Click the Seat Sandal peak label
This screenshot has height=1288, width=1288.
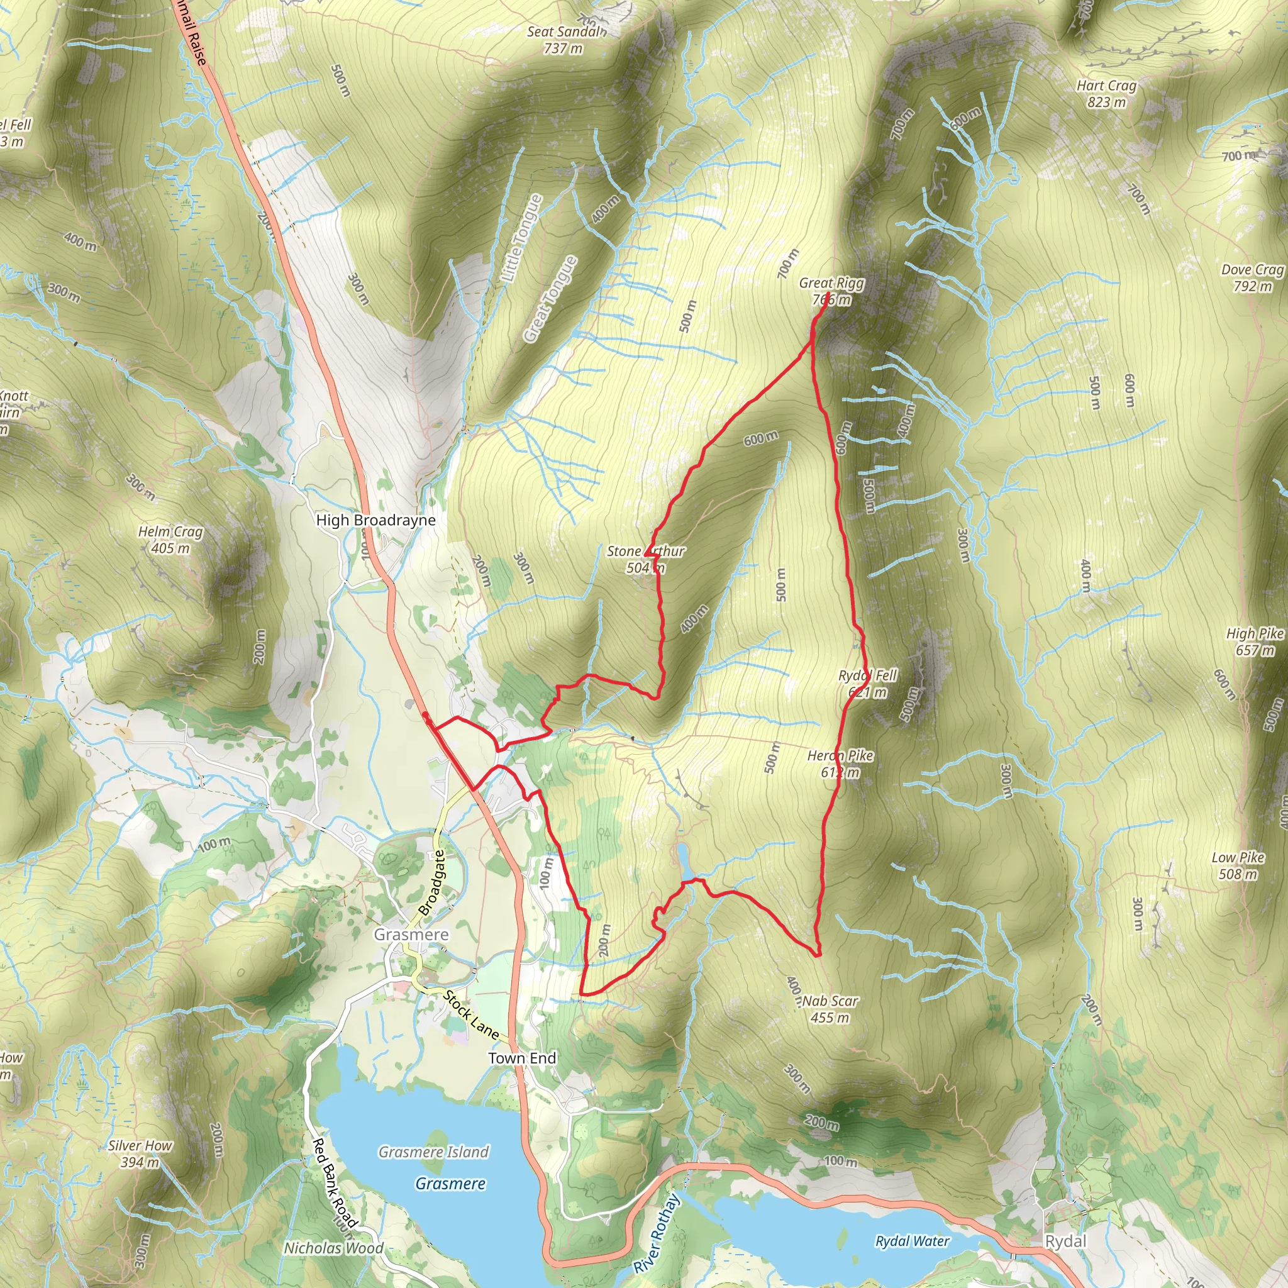coord(565,40)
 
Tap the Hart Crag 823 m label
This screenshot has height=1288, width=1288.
coord(1106,94)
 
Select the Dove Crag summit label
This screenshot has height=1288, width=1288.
coord(1252,278)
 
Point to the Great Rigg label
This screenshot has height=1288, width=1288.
coord(831,291)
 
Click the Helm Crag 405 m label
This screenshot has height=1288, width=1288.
coord(170,540)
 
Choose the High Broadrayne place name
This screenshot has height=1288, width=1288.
coord(375,520)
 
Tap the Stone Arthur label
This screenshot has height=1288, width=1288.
coord(645,559)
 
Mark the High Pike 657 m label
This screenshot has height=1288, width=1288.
coord(1255,641)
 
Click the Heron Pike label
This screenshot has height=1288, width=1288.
coord(840,763)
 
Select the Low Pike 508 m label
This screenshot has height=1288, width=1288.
coord(1238,865)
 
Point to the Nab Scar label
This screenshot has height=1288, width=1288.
coord(830,1009)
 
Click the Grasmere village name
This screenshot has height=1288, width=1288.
coord(411,934)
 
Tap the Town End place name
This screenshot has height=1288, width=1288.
coord(522,1058)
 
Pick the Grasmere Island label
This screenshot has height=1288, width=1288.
coord(433,1152)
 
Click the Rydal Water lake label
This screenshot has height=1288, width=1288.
coord(912,1241)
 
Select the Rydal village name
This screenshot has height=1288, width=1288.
coord(1065,1241)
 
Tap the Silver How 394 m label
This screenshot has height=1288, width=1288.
coord(140,1153)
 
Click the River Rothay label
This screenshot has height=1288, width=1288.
coord(657,1233)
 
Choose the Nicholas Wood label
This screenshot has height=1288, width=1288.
coord(333,1248)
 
